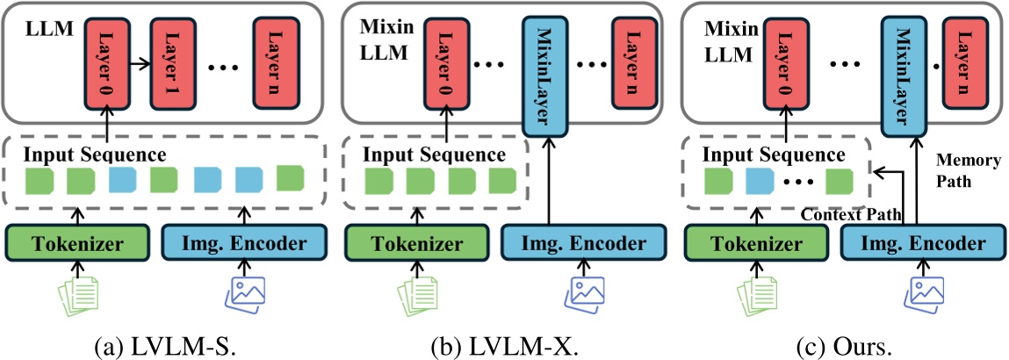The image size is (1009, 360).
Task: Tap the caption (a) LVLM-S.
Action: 165,342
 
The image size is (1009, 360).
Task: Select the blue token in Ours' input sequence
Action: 759,183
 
